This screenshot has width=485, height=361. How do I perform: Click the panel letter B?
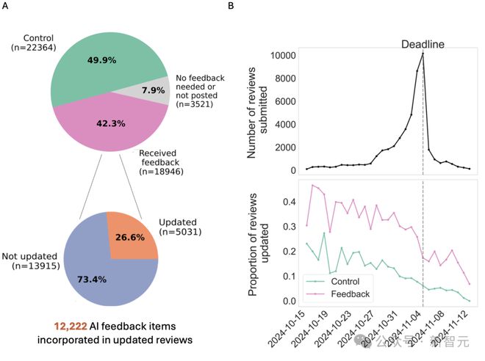click(x=231, y=7)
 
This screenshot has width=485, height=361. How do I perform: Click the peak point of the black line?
click(x=423, y=54)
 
